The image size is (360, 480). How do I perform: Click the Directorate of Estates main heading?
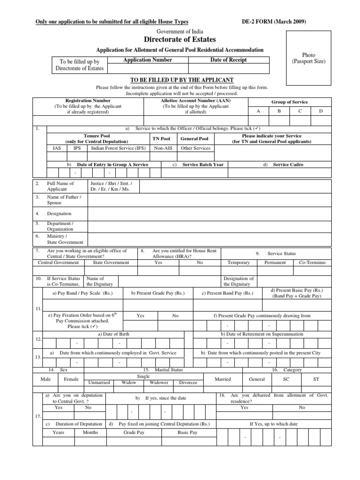pos(180,40)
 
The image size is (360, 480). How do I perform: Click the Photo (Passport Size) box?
pos(308,58)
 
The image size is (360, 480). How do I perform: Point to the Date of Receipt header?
pos(228,60)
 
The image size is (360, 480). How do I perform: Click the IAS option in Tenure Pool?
pos(57,148)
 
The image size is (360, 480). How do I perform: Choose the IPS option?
pos(77,148)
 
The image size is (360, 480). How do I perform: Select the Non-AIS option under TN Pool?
pos(162,148)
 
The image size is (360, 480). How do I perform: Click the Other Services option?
pos(195,148)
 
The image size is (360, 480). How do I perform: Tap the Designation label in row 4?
pos(59,213)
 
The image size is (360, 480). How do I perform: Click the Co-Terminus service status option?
pos(312,262)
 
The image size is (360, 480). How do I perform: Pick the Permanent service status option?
pos(275,262)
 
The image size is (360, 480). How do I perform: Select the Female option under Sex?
pos(72,379)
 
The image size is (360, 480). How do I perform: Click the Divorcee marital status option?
pos(188,382)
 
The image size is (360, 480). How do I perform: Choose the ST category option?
pos(315,378)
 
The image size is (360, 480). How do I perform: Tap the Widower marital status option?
pos(158,382)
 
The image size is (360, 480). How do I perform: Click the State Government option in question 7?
pos(111,262)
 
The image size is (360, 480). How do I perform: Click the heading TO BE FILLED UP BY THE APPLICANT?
pos(180,80)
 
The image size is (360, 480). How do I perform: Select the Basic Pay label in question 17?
pos(186,432)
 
